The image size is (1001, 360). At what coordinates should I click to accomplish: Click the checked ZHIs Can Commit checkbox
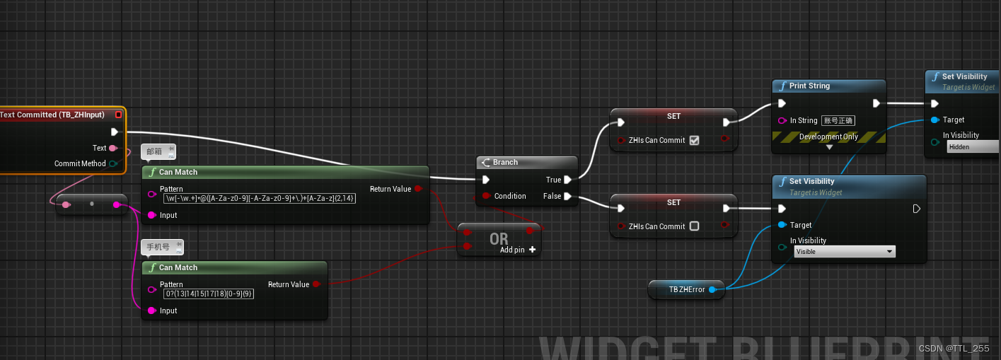coord(694,140)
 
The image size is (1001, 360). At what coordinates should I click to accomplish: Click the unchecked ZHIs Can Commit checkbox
coord(694,226)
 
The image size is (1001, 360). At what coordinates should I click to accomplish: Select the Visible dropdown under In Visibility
coord(845,251)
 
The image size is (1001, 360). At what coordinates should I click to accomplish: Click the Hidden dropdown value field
coord(972,146)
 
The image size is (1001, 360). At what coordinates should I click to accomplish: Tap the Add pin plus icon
coord(532,250)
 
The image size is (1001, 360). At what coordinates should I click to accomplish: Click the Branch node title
coord(505,162)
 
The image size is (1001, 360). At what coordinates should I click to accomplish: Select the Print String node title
coord(809,86)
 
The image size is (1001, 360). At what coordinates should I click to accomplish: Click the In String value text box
coord(839,120)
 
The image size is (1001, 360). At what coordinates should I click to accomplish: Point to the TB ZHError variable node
coord(686,289)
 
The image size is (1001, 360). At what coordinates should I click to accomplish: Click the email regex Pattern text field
coord(259,199)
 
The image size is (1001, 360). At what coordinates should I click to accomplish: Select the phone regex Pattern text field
coord(209,294)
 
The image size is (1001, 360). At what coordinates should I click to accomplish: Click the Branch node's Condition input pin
coord(486,196)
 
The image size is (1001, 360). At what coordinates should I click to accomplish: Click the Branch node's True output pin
coord(568,180)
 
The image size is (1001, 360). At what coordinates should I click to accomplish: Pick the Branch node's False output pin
coord(568,196)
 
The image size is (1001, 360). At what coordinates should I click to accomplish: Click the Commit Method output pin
coord(113,163)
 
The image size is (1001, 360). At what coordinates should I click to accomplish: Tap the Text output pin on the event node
coord(113,148)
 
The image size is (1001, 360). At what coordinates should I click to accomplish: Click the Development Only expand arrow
coord(830,147)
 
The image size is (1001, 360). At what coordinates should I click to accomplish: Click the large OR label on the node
coord(499,240)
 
